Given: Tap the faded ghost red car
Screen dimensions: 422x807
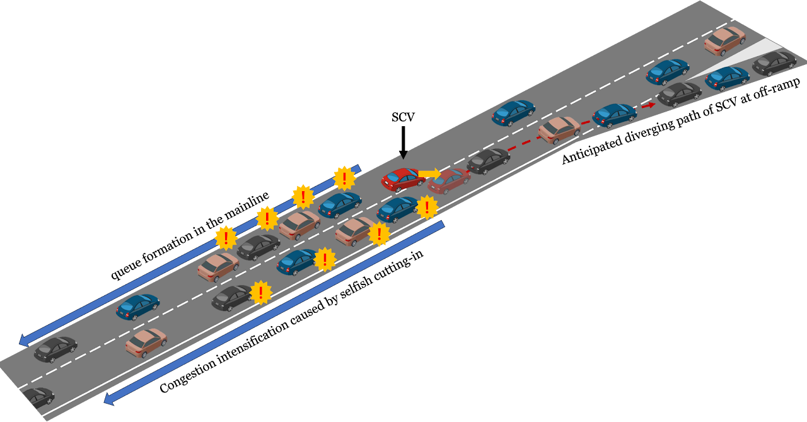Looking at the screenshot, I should (449, 180).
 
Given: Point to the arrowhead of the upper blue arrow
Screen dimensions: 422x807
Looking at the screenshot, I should (24, 340).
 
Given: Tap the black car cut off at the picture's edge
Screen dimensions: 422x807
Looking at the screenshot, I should (37, 397).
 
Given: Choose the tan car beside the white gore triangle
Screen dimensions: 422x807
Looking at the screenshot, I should (724, 40).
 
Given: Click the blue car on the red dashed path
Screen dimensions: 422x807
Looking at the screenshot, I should (614, 115).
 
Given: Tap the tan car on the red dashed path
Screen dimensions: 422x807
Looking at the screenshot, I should (559, 129).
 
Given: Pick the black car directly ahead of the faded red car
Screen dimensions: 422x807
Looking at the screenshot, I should (488, 161).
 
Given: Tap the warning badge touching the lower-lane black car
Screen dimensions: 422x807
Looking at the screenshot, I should (260, 292).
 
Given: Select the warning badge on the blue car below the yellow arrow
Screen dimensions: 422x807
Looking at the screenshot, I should (427, 206).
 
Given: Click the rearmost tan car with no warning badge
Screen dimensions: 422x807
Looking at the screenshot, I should (146, 343).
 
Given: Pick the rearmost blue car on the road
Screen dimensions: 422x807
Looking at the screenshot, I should (137, 307).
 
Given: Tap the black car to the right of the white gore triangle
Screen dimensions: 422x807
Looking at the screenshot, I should (774, 63).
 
